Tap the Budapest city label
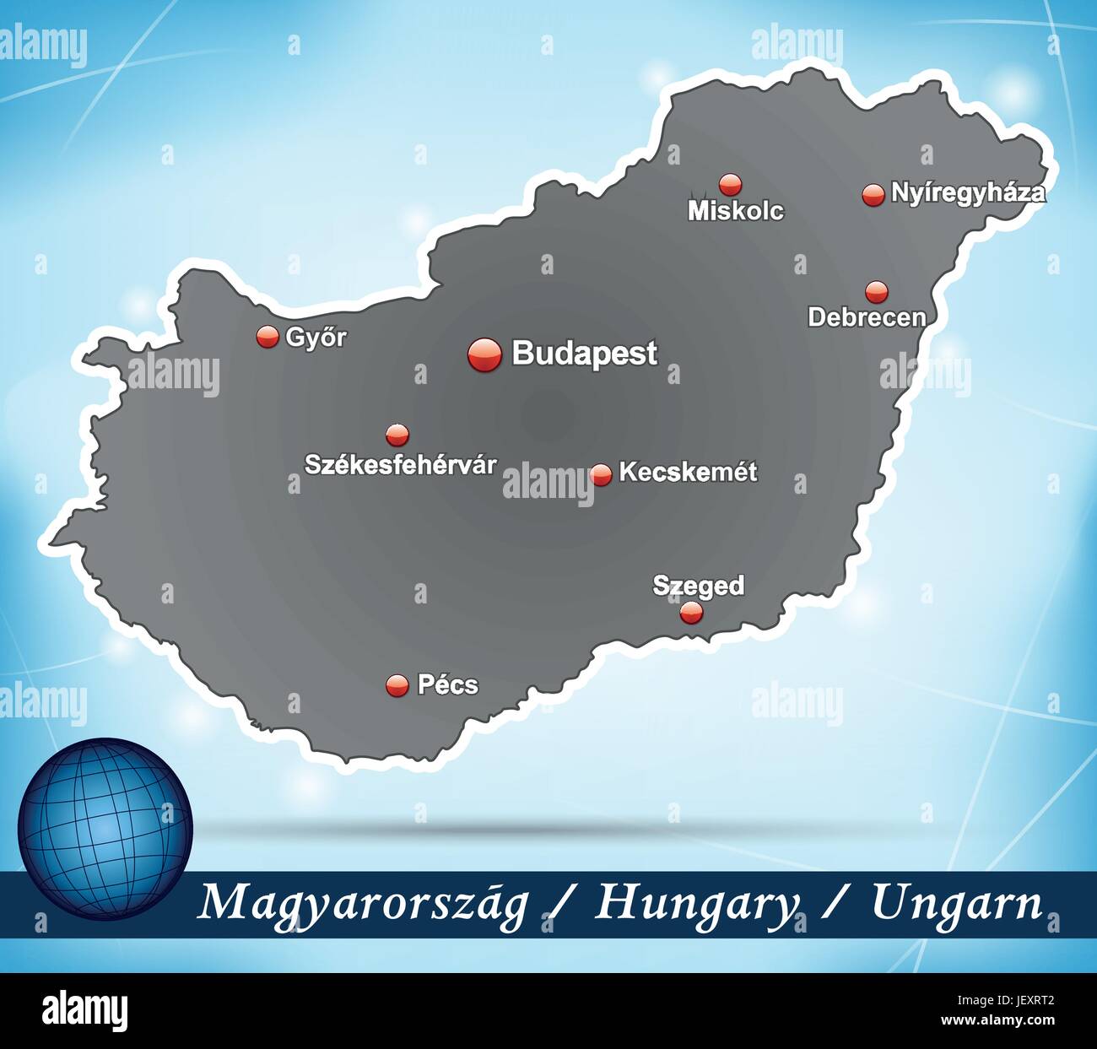click(584, 354)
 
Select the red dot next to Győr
click(267, 337)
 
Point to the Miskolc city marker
click(730, 184)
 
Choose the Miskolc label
click(736, 210)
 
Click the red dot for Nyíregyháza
click(873, 194)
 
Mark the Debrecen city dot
click(877, 291)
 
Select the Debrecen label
click(867, 317)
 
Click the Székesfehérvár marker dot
click(397, 435)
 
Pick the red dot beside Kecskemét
click(601, 474)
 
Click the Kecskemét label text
click(688, 472)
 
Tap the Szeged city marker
click(691, 613)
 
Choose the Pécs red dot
click(397, 685)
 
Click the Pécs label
click(447, 684)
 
